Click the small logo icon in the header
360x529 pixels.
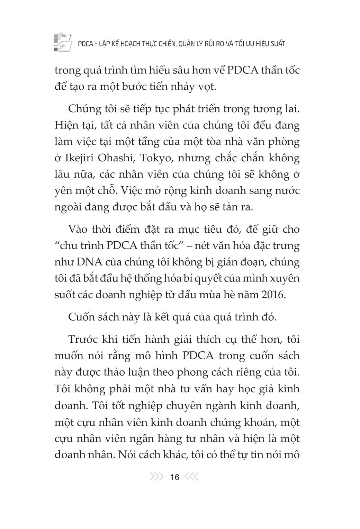[63, 42]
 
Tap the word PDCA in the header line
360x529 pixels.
[85, 44]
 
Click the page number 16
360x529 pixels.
[175, 477]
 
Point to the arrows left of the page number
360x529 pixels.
[156, 477]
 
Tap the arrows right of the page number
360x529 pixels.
[192, 477]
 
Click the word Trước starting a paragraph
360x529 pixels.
[82, 339]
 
